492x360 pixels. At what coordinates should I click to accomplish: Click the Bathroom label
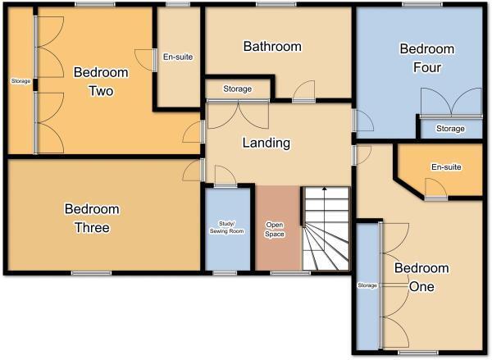click(272, 47)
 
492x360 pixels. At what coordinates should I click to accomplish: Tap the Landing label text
click(266, 143)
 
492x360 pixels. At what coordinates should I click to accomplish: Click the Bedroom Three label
click(92, 218)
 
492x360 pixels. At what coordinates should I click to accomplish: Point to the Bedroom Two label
click(100, 81)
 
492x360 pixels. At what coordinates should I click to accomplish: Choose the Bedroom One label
click(421, 278)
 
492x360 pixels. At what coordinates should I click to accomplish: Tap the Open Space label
click(275, 229)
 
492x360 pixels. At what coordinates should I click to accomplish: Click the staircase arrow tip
click(326, 189)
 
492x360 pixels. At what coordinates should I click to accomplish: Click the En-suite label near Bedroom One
click(446, 167)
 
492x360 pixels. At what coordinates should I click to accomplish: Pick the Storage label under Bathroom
click(237, 89)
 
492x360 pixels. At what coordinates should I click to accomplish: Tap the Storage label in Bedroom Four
click(449, 129)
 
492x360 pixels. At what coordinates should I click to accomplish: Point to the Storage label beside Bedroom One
click(367, 285)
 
